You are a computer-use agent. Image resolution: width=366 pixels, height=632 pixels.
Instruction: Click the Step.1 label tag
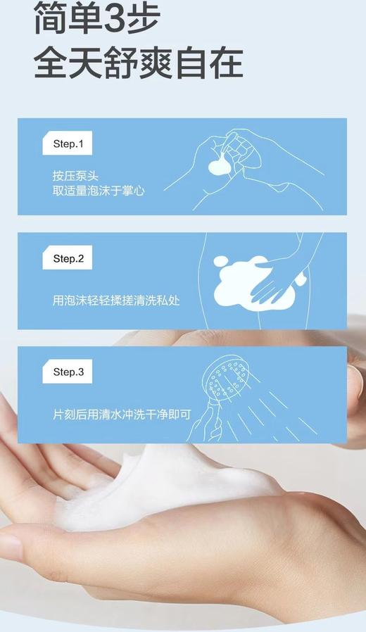click(68, 144)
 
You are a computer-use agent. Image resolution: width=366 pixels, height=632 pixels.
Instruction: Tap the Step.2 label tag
click(68, 258)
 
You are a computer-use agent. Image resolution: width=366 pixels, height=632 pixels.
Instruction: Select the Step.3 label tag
click(68, 372)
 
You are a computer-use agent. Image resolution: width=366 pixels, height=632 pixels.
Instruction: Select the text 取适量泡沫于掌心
click(99, 190)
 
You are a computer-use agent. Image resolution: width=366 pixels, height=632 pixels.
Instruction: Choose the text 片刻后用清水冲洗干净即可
click(122, 415)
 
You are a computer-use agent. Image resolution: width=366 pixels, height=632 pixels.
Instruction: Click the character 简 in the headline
click(53, 17)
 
